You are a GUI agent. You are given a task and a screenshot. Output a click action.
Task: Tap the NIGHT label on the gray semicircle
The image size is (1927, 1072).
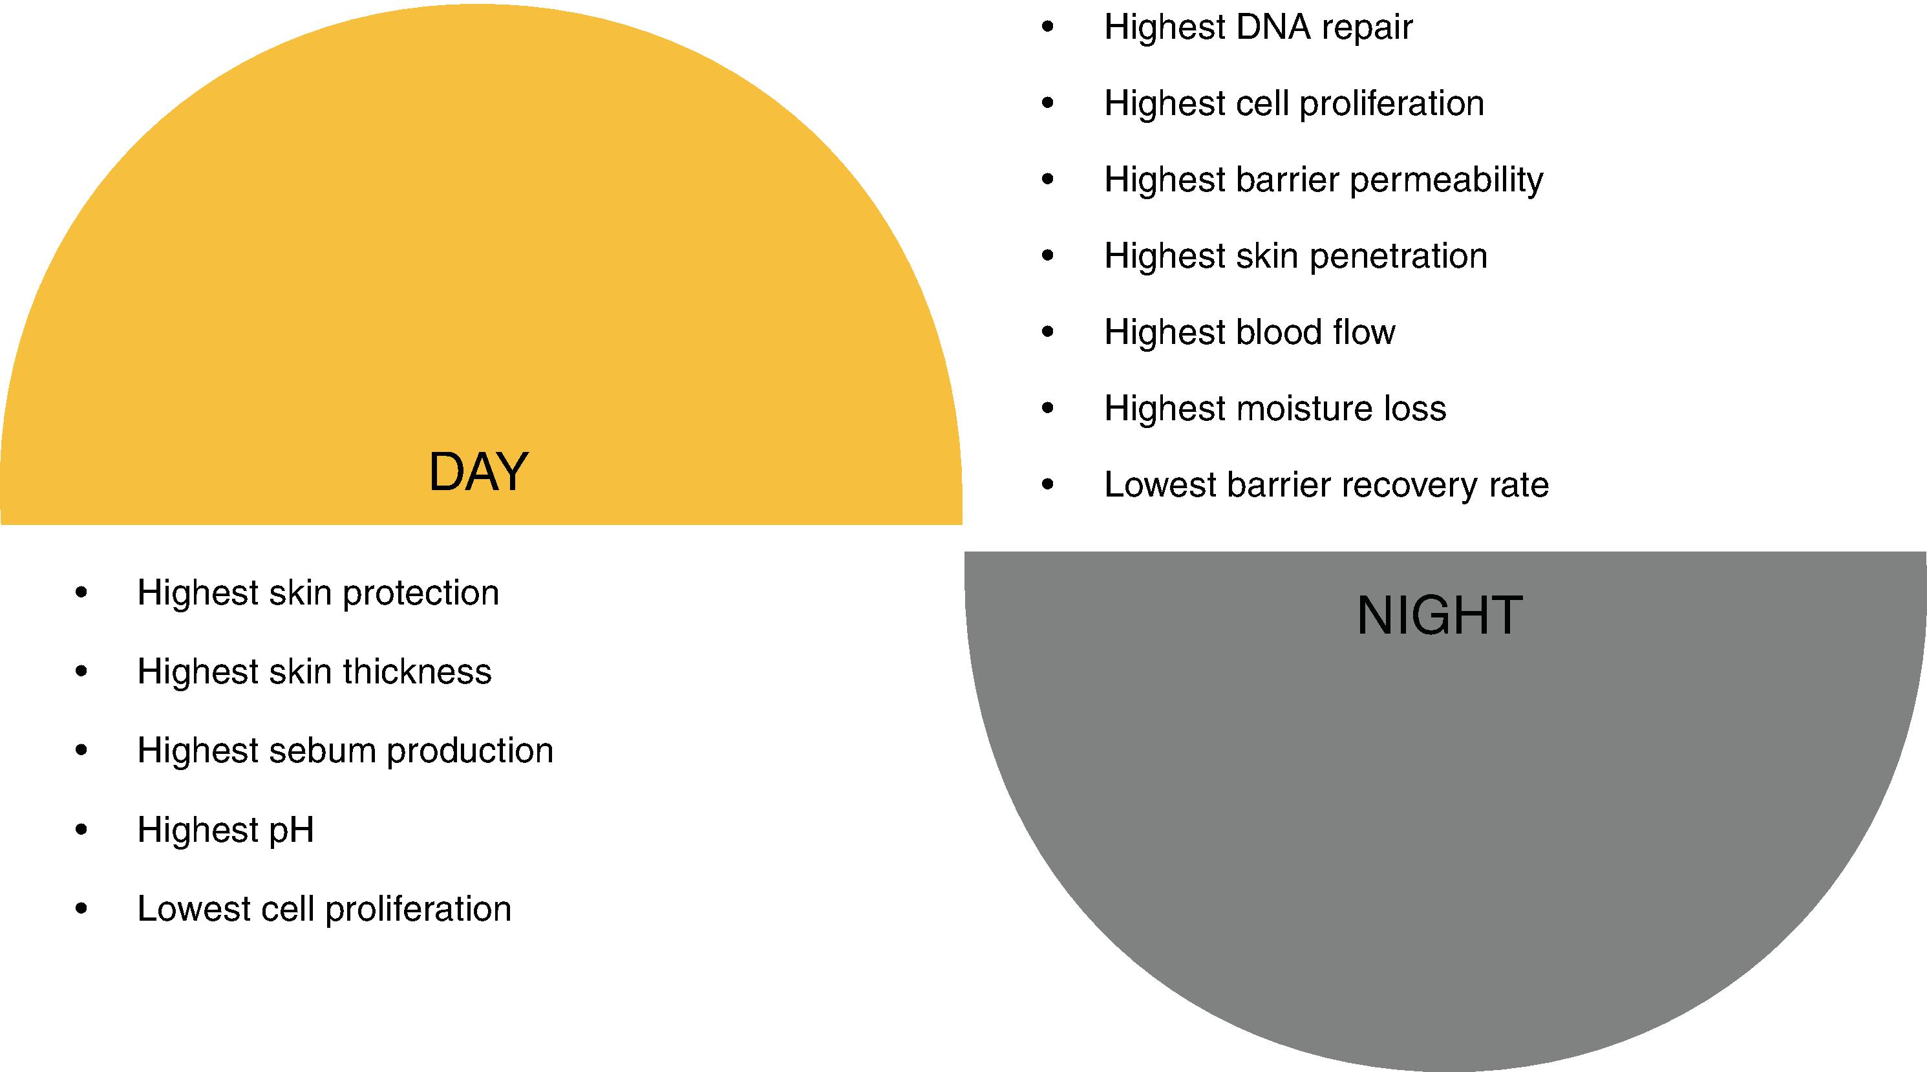[1439, 616]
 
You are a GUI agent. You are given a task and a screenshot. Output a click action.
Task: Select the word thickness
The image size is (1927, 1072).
[417, 672]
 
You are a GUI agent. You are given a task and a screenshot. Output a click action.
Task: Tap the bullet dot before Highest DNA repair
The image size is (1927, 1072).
[1047, 28]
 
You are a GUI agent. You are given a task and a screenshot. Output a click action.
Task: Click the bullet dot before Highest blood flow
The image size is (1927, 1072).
[1047, 332]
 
